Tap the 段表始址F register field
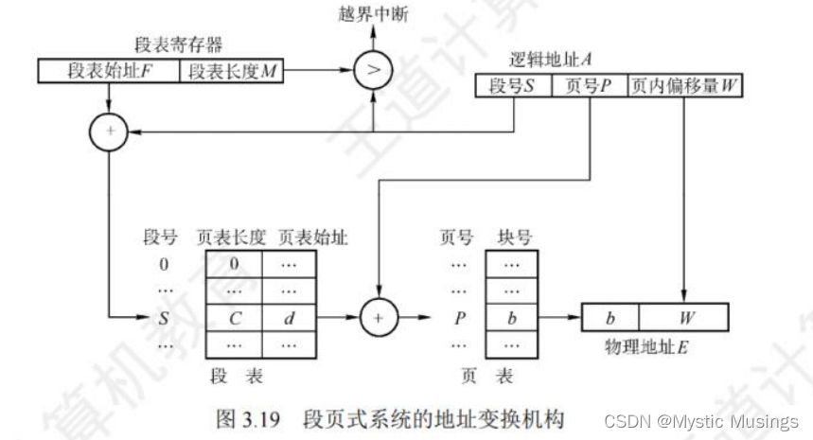click(109, 72)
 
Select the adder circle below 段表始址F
click(110, 132)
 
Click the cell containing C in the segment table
click(234, 317)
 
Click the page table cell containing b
click(512, 318)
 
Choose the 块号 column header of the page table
click(512, 238)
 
